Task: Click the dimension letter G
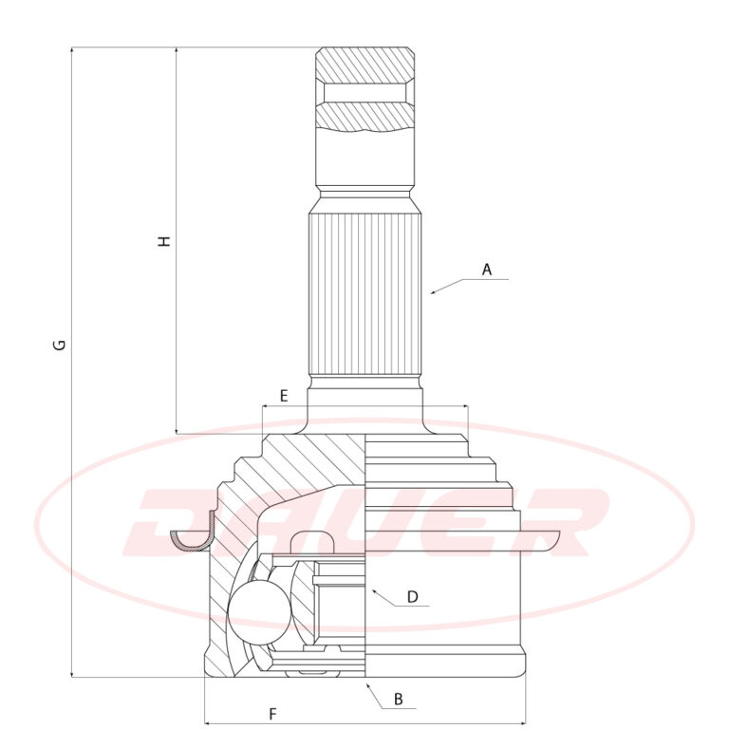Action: tap(60, 345)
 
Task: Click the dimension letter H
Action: tap(164, 241)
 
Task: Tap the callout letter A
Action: tap(486, 270)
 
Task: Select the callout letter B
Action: tap(398, 699)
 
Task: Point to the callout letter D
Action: tap(412, 596)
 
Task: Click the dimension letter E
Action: tap(284, 396)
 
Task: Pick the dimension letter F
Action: tap(273, 714)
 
